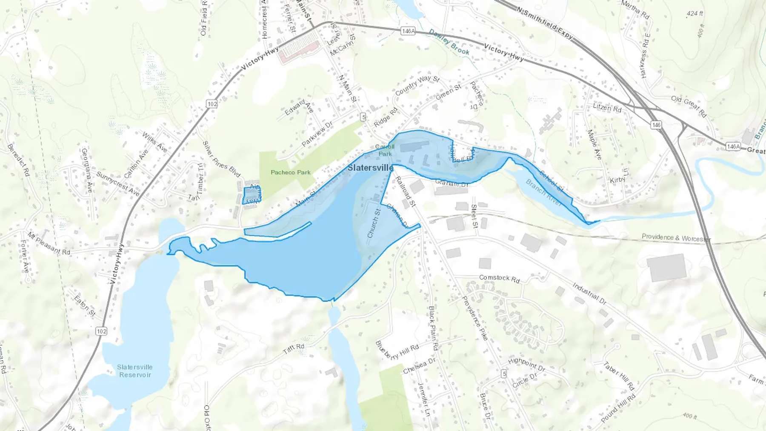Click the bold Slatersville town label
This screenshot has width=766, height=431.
[370, 168]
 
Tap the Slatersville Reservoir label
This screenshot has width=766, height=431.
[135, 371]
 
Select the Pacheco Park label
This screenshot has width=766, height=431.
[291, 172]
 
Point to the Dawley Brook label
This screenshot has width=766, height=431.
[449, 42]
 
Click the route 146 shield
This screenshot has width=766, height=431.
[656, 125]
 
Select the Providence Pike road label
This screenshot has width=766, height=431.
[475, 317]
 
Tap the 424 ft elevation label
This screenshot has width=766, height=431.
[695, 14]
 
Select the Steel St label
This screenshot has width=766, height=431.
[474, 216]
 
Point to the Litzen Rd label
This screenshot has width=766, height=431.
[607, 108]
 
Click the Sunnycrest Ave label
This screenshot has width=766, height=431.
[117, 184]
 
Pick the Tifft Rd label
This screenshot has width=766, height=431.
[294, 348]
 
